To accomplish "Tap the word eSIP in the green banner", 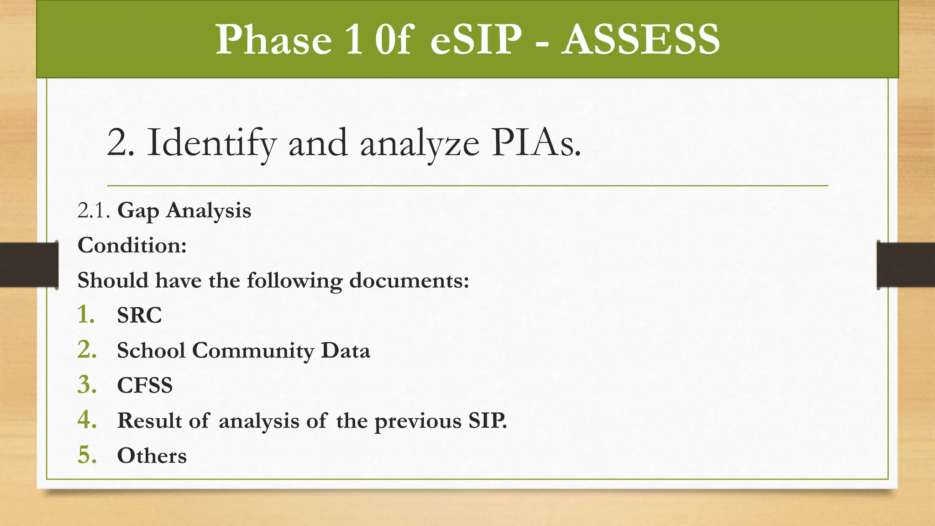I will click(x=476, y=40).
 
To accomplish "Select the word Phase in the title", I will click(x=273, y=40).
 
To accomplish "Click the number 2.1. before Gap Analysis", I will click(x=94, y=211).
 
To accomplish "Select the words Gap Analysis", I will click(x=184, y=211).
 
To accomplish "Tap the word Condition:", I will click(x=132, y=246).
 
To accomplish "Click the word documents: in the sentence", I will click(x=409, y=280).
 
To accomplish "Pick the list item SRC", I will click(x=139, y=316).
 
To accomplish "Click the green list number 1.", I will click(x=86, y=315).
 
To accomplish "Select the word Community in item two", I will click(x=253, y=351).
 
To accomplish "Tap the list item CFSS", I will click(x=145, y=386).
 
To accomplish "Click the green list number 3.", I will click(x=87, y=385).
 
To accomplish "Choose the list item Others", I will click(x=152, y=456).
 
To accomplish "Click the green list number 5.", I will click(x=87, y=455).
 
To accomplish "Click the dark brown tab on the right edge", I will click(x=906, y=265).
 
